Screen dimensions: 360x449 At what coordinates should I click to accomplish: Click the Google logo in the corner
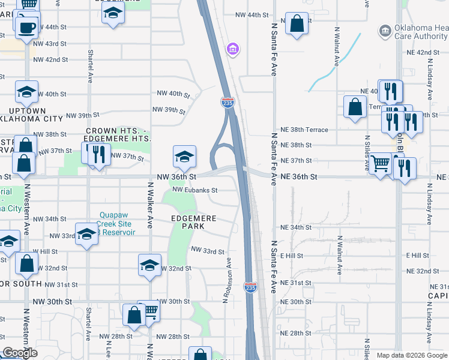point(20,353)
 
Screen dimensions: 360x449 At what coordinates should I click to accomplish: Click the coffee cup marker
point(27,27)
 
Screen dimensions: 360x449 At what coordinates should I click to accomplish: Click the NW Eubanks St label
point(194,190)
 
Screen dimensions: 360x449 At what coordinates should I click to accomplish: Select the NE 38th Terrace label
point(304,130)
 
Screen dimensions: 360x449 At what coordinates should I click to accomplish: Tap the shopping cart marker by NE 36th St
point(380,163)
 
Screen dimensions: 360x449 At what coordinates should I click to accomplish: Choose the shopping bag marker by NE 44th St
point(297,25)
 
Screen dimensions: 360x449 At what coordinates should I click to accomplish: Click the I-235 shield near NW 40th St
point(228,103)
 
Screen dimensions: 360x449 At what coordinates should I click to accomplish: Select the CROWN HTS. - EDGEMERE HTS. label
point(118,134)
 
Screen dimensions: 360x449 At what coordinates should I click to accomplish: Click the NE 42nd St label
point(432,52)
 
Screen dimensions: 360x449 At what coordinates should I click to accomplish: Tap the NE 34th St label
point(296,227)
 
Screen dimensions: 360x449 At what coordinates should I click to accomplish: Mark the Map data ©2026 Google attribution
point(412,355)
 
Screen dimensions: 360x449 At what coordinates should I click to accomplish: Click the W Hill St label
point(44,251)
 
